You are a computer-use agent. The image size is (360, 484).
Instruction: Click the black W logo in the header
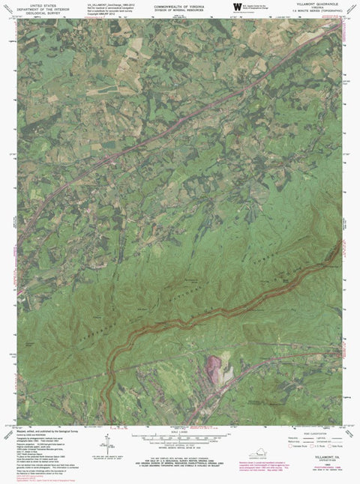pyautogui.click(x=237, y=7)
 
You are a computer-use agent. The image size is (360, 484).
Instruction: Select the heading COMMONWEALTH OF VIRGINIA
pyautogui.click(x=180, y=4)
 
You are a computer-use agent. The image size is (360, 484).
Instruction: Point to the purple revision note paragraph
pyautogui.click(x=319, y=468)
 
